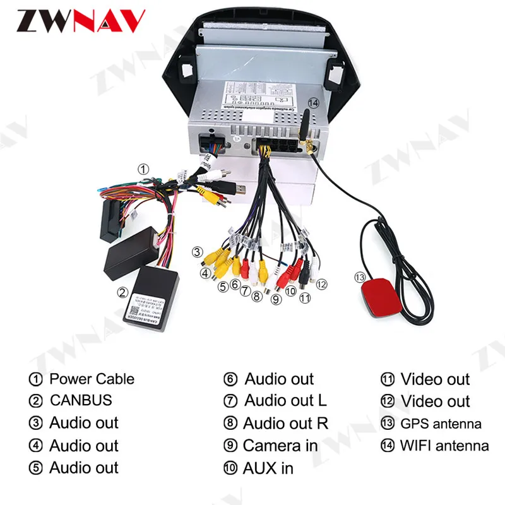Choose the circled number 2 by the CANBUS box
(x=122, y=292)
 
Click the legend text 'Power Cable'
(x=92, y=379)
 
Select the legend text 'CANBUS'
(x=80, y=401)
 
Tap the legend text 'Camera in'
(x=280, y=446)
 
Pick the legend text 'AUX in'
(x=268, y=468)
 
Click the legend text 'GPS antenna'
(x=441, y=424)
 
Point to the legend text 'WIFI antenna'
(x=444, y=446)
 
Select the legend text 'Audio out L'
(x=285, y=401)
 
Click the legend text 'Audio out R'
(x=285, y=424)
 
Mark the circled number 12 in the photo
(x=321, y=284)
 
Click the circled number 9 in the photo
(x=275, y=300)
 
